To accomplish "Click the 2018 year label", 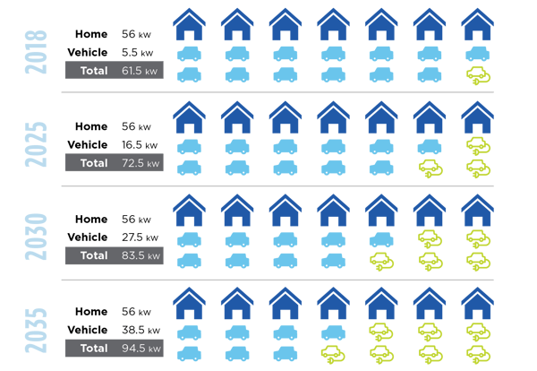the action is point(36,52).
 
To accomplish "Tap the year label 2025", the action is point(36,144).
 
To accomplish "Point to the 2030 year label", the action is point(36,237).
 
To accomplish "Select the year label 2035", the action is point(36,331).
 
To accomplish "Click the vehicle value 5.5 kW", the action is point(137,53).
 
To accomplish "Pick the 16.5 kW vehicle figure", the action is point(140,144).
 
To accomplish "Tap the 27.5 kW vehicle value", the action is point(141,237).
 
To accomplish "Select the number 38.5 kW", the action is point(141,330).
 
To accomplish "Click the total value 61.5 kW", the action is point(140,71).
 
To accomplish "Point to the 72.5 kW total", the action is point(141,163).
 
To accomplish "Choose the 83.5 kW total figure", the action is point(141,255).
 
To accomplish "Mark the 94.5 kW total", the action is point(141,349).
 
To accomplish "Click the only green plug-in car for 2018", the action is point(478,76).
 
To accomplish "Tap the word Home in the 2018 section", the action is point(91,34).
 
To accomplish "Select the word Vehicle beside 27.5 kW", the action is point(88,237).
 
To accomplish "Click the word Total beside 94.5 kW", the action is point(94,348).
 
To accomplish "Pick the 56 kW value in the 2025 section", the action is point(136,126).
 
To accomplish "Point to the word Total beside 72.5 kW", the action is point(94,163).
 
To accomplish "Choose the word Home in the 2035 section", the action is point(91,311).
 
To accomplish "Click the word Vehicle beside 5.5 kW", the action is point(88,52).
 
